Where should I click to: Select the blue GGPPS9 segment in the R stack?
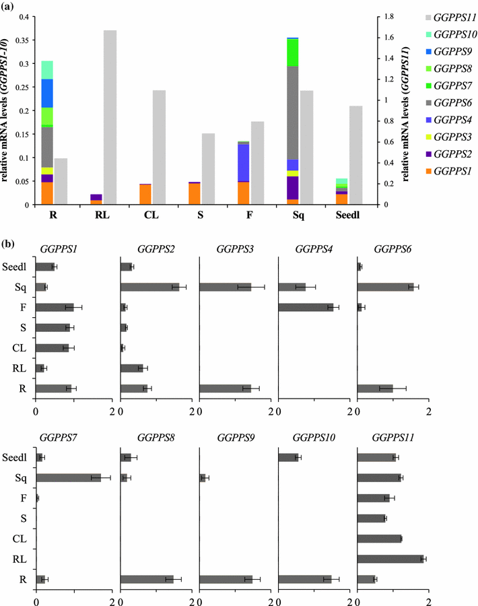tap(47, 93)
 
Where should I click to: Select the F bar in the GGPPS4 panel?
tap(306, 307)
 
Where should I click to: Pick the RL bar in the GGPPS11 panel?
tap(390, 558)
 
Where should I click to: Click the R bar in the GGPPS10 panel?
tap(304, 578)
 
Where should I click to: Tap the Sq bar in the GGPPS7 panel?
tap(68, 477)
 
